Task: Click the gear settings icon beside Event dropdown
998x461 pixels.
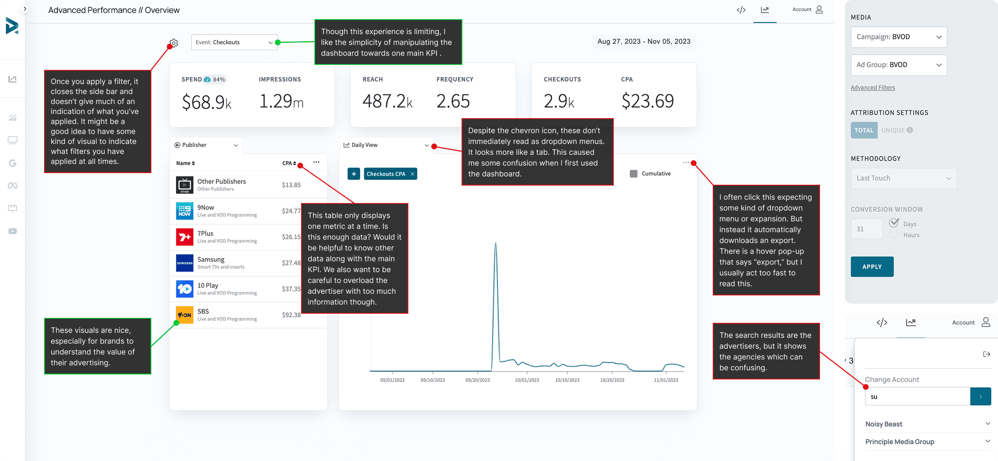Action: coord(174,43)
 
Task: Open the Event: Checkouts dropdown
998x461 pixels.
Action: coord(234,42)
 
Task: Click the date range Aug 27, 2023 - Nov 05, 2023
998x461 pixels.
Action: coord(644,42)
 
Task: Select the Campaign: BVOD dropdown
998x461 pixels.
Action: coord(899,37)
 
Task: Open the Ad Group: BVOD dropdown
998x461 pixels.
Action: coord(899,65)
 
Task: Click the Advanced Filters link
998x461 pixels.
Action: coord(872,88)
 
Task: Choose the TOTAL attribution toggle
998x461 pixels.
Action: coord(864,130)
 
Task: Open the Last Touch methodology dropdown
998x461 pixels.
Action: coord(903,178)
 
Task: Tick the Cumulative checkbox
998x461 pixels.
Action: coord(633,174)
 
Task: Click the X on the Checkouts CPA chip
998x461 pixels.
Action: coord(412,174)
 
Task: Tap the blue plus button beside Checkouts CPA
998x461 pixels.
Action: coord(353,174)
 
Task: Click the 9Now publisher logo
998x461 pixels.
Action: coord(184,211)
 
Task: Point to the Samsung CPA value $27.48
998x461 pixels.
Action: coord(291,263)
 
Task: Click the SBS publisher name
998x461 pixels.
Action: coord(203,311)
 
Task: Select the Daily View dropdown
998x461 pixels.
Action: coord(386,145)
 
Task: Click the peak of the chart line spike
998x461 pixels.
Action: coord(495,243)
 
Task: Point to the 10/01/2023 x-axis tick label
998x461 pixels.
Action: coord(526,380)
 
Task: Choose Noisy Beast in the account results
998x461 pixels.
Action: coord(884,424)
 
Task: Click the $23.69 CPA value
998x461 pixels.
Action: coord(647,101)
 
